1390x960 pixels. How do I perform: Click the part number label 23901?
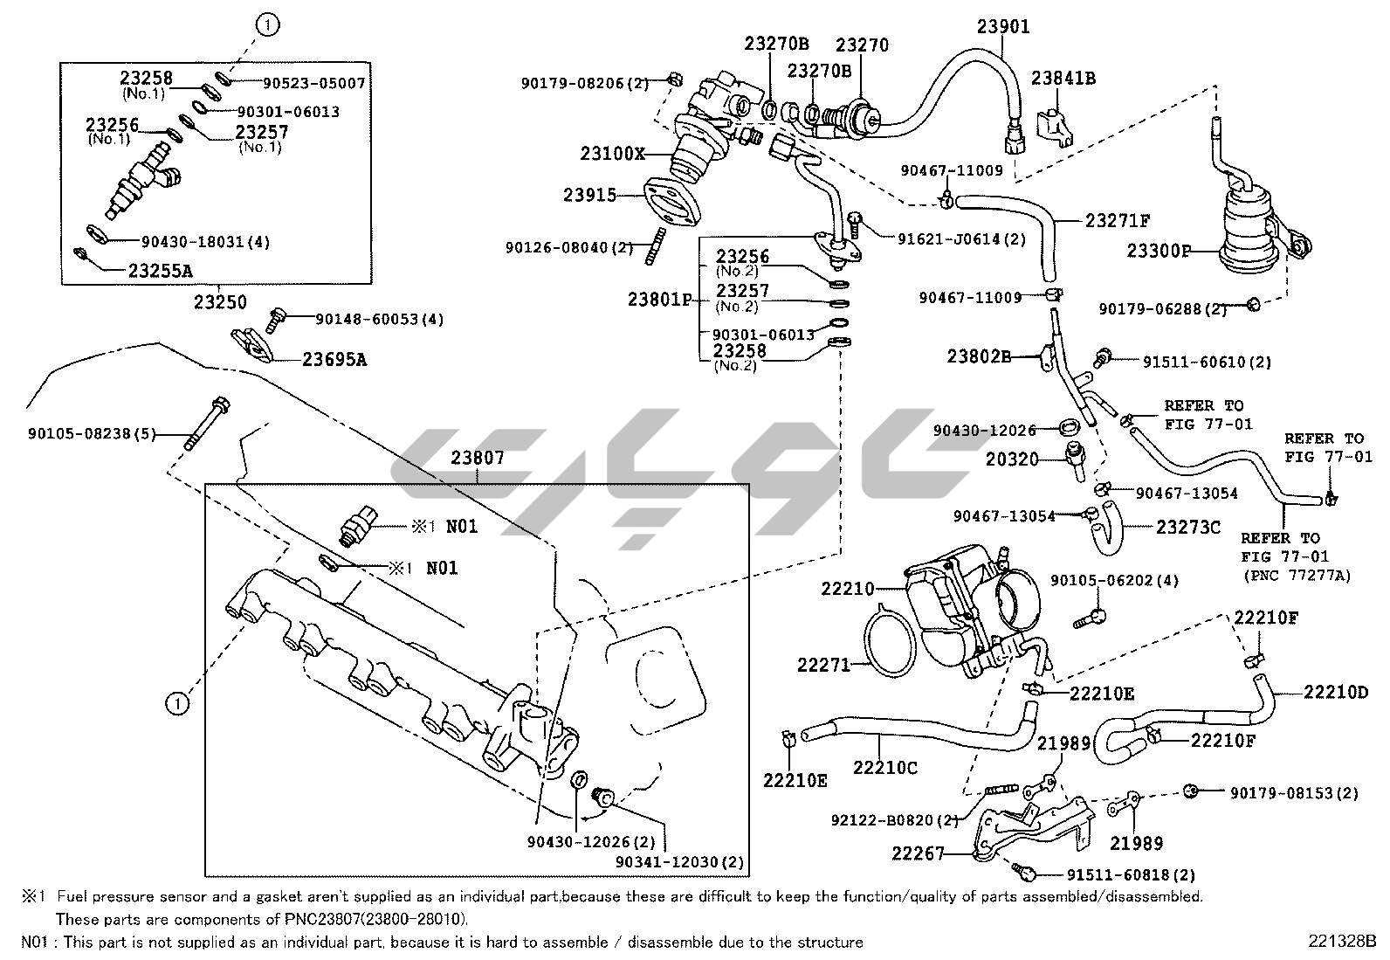point(1002,27)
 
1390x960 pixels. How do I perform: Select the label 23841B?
point(1063,79)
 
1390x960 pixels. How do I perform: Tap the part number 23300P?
point(1159,252)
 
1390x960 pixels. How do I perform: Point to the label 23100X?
point(612,155)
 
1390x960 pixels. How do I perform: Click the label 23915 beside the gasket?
point(589,196)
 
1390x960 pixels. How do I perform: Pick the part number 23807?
point(478,458)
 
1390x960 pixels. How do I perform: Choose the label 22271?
point(822,666)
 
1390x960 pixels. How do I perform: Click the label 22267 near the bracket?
point(919,853)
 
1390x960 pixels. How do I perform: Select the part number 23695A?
point(334,358)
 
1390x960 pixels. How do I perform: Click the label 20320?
point(1012,459)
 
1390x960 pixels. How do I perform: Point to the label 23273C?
point(1187,527)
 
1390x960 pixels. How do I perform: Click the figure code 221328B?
point(1341,942)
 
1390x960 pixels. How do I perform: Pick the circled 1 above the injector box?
point(268,26)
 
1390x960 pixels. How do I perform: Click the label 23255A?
point(160,271)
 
